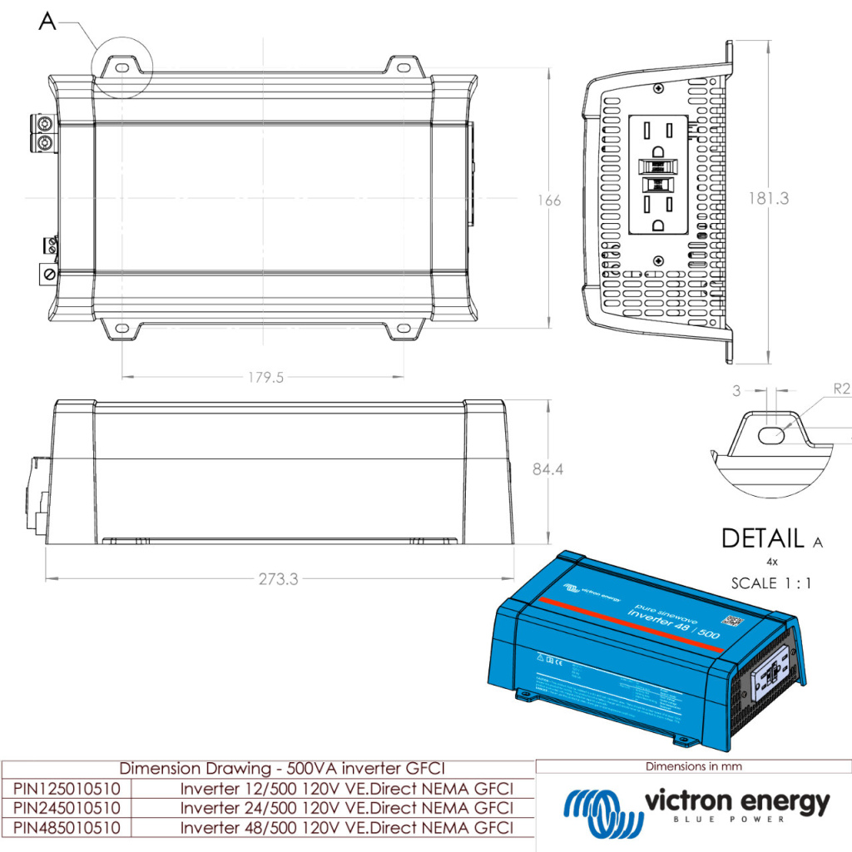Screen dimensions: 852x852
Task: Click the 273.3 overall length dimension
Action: pyautogui.click(x=278, y=579)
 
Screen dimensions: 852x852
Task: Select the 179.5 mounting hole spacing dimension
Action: pyautogui.click(x=265, y=378)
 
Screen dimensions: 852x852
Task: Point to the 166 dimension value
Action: pyautogui.click(x=549, y=201)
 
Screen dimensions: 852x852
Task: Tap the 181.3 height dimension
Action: pyautogui.click(x=768, y=199)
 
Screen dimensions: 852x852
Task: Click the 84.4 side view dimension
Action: pyautogui.click(x=548, y=469)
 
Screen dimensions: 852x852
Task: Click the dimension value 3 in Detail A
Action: pyautogui.click(x=736, y=389)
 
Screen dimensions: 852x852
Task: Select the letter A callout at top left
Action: pyautogui.click(x=47, y=22)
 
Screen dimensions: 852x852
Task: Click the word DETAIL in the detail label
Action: pyautogui.click(x=762, y=538)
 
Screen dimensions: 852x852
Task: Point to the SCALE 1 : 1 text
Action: pyautogui.click(x=771, y=583)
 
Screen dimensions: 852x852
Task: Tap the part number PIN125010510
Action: pyautogui.click(x=67, y=788)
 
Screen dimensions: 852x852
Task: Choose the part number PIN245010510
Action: pyautogui.click(x=67, y=808)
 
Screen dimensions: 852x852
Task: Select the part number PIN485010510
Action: pyautogui.click(x=67, y=828)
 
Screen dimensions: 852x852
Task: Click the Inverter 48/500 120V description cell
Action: pyautogui.click(x=346, y=828)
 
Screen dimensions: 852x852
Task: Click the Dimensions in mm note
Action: pyautogui.click(x=693, y=766)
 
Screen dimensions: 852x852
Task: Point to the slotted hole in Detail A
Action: pyautogui.click(x=773, y=433)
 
